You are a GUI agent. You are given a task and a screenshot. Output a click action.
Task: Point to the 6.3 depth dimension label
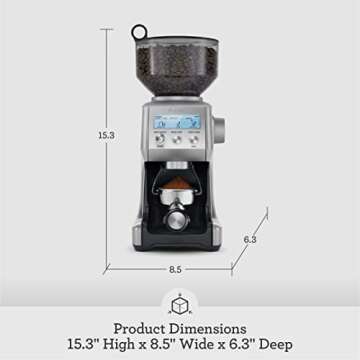pyautogui.click(x=251, y=239)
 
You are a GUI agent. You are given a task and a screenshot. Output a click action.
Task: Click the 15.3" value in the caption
pyautogui.click(x=88, y=345)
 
